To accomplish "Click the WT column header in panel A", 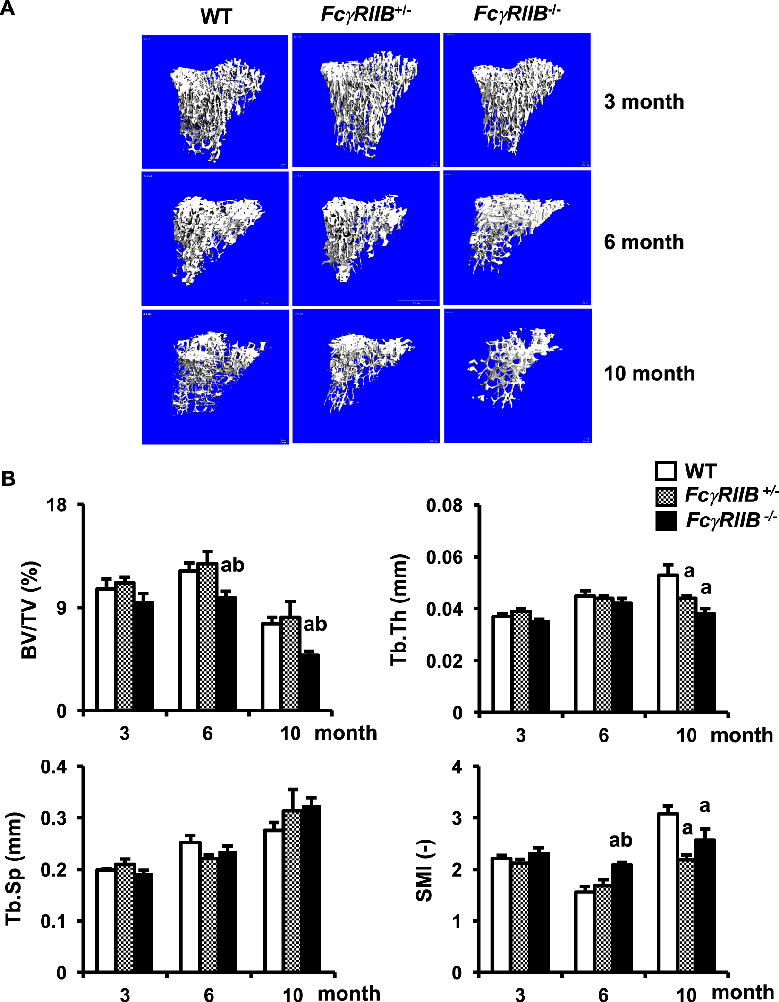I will coord(216,17).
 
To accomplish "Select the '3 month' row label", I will coord(644,102).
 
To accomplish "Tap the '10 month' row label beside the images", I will coord(649,374).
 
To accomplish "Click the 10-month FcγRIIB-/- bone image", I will coord(517,376).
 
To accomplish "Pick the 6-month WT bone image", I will coord(215,239).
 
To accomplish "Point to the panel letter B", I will coord(8,479).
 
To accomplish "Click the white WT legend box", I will coord(666,471).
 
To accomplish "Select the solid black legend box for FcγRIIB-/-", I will coord(666,521).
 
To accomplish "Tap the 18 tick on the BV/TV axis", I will coord(57,506).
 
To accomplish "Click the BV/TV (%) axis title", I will coord(29,610).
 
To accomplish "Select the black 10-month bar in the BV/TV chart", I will coord(310,682).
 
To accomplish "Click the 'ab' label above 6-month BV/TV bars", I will coord(232,565).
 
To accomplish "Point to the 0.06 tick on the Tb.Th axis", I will coord(444,558).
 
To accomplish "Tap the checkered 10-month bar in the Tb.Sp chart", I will coord(292,891).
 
